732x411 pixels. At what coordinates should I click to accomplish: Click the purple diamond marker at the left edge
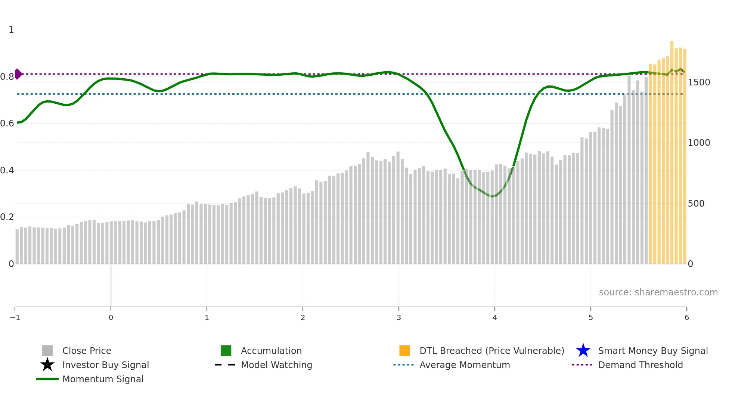(x=18, y=74)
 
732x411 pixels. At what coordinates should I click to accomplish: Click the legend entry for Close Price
(x=87, y=351)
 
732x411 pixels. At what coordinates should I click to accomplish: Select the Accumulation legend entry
(x=271, y=351)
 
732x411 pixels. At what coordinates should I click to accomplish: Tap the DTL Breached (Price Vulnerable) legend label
(x=491, y=351)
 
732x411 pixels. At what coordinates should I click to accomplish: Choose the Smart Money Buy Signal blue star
(x=583, y=351)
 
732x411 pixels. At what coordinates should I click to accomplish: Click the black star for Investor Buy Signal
(x=47, y=365)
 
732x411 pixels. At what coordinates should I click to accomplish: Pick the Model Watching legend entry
(x=276, y=365)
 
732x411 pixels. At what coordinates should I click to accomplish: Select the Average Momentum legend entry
(x=465, y=365)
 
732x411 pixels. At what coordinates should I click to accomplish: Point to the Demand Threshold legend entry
(x=640, y=365)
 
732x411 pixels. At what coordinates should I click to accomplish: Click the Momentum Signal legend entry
(x=103, y=379)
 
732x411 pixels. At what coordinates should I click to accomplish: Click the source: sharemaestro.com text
(x=658, y=292)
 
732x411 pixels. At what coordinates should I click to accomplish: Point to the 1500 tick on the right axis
(x=699, y=82)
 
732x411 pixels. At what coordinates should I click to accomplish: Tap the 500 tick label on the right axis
(x=696, y=203)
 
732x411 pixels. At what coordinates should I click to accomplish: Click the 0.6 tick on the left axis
(x=7, y=123)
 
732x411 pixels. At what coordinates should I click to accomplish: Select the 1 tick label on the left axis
(x=11, y=29)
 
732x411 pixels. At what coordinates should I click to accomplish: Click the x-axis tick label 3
(x=399, y=317)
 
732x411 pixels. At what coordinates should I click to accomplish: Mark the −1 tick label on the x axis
(x=15, y=317)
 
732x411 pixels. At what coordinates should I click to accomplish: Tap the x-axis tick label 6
(x=686, y=317)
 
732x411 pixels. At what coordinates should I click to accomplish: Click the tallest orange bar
(x=672, y=149)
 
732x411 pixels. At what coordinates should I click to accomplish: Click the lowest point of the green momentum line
(x=493, y=196)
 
